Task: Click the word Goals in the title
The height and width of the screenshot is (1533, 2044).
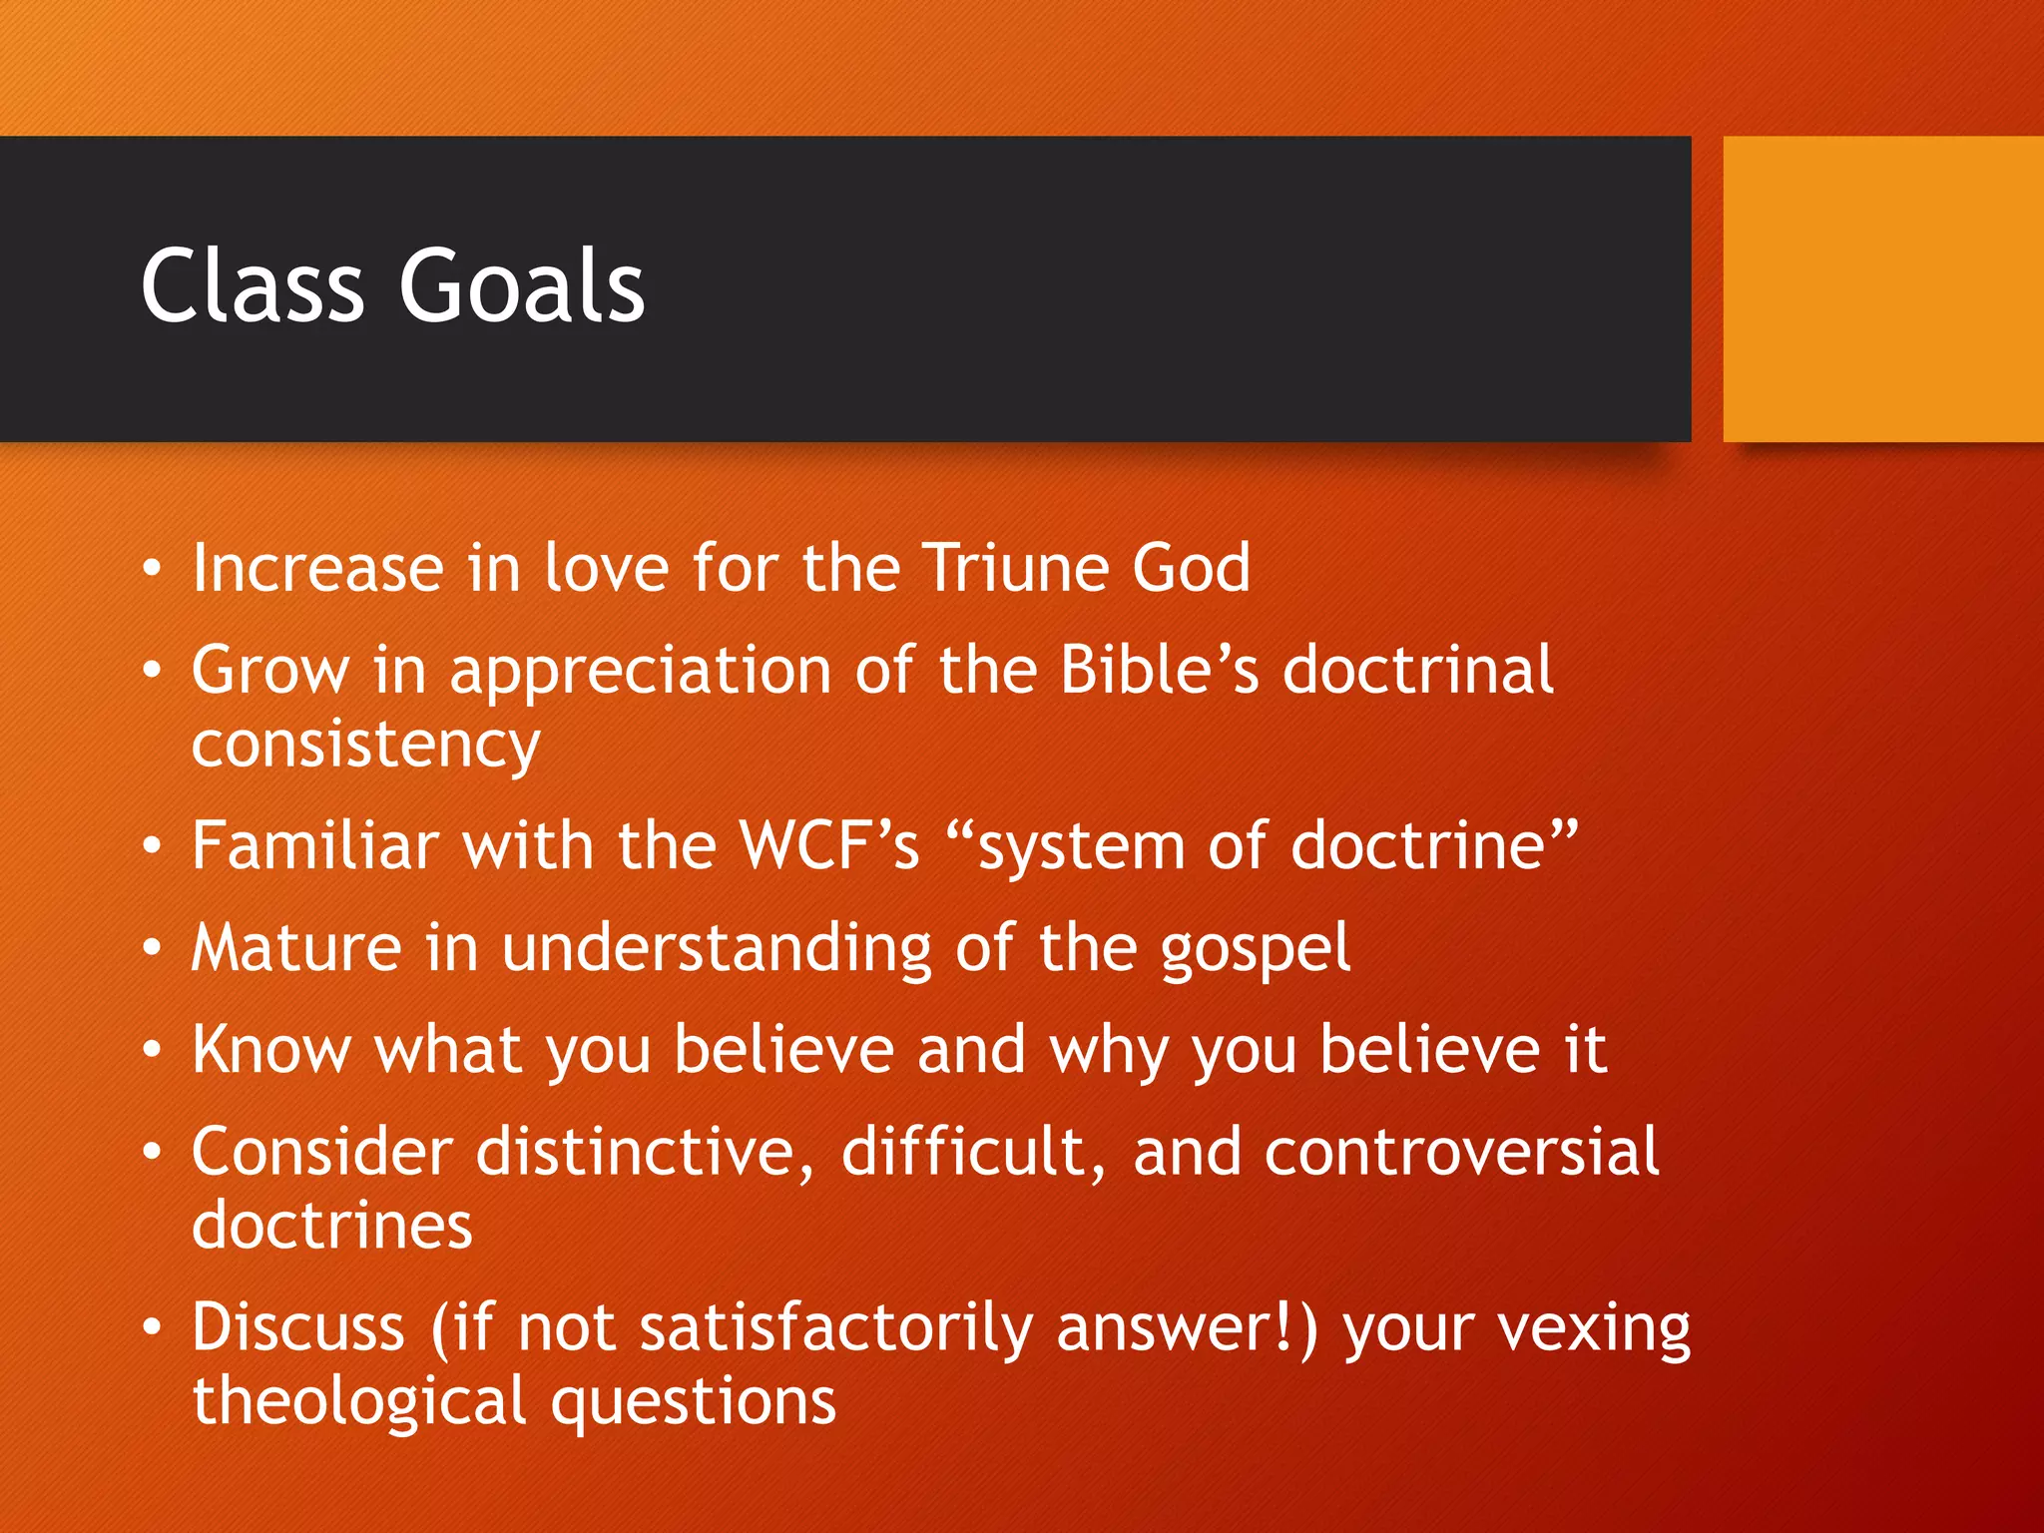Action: (521, 286)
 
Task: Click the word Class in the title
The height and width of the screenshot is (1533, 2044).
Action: (253, 286)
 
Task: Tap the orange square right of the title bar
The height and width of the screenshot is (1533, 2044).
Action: (1882, 288)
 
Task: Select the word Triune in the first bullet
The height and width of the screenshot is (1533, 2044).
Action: (1014, 569)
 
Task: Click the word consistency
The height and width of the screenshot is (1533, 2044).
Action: (365, 746)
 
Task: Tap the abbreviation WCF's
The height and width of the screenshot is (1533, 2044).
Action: (827, 846)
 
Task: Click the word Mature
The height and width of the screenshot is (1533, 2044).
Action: (296, 947)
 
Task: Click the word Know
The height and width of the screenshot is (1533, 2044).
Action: (271, 1050)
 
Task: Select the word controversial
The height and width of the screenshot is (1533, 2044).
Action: (1461, 1152)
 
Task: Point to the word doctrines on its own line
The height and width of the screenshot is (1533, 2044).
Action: (331, 1226)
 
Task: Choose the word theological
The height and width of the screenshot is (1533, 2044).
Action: (358, 1402)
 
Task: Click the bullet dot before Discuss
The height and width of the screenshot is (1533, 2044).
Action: (152, 1328)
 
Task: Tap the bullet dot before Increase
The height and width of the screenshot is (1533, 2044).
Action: (152, 569)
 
